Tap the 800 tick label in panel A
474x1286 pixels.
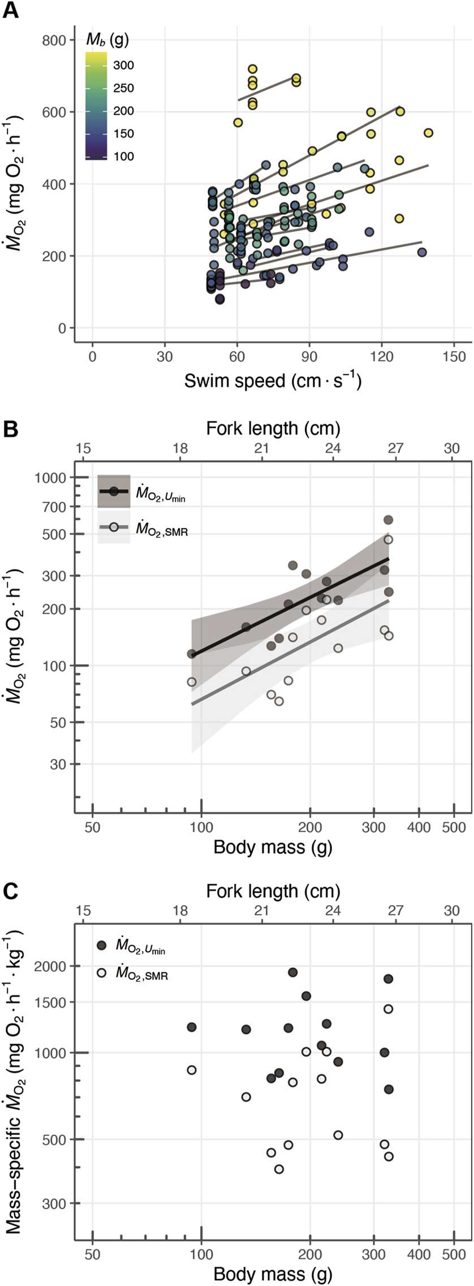(54, 40)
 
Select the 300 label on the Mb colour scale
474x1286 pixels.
(123, 66)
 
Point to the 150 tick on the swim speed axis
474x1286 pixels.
(454, 357)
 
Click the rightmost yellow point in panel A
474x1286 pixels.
(428, 133)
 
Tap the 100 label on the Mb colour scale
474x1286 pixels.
(123, 157)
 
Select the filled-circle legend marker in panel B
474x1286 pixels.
(114, 491)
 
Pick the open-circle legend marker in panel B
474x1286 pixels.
(114, 527)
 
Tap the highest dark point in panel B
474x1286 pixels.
(388, 520)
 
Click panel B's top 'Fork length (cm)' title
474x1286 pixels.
(273, 428)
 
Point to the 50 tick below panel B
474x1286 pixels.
(92, 828)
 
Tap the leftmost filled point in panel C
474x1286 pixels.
(192, 1027)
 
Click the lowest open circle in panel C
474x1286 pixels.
(279, 1169)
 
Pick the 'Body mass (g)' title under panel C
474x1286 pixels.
(273, 1274)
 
